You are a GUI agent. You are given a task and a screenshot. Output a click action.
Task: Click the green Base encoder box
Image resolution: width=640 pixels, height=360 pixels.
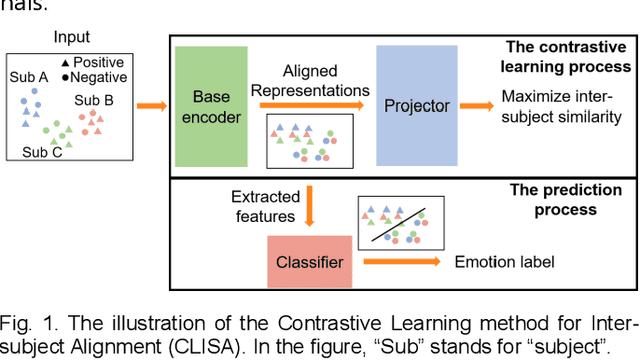point(211,106)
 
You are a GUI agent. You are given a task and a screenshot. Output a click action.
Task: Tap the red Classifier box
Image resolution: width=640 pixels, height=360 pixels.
point(310,262)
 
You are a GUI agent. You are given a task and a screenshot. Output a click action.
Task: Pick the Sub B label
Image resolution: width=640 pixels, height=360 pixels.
point(94,100)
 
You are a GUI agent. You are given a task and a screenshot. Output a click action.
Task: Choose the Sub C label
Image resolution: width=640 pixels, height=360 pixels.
point(42,152)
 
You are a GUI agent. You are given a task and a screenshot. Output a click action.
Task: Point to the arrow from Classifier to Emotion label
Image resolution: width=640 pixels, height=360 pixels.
point(401,262)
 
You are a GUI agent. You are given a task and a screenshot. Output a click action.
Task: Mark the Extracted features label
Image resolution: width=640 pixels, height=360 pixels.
point(263,206)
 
